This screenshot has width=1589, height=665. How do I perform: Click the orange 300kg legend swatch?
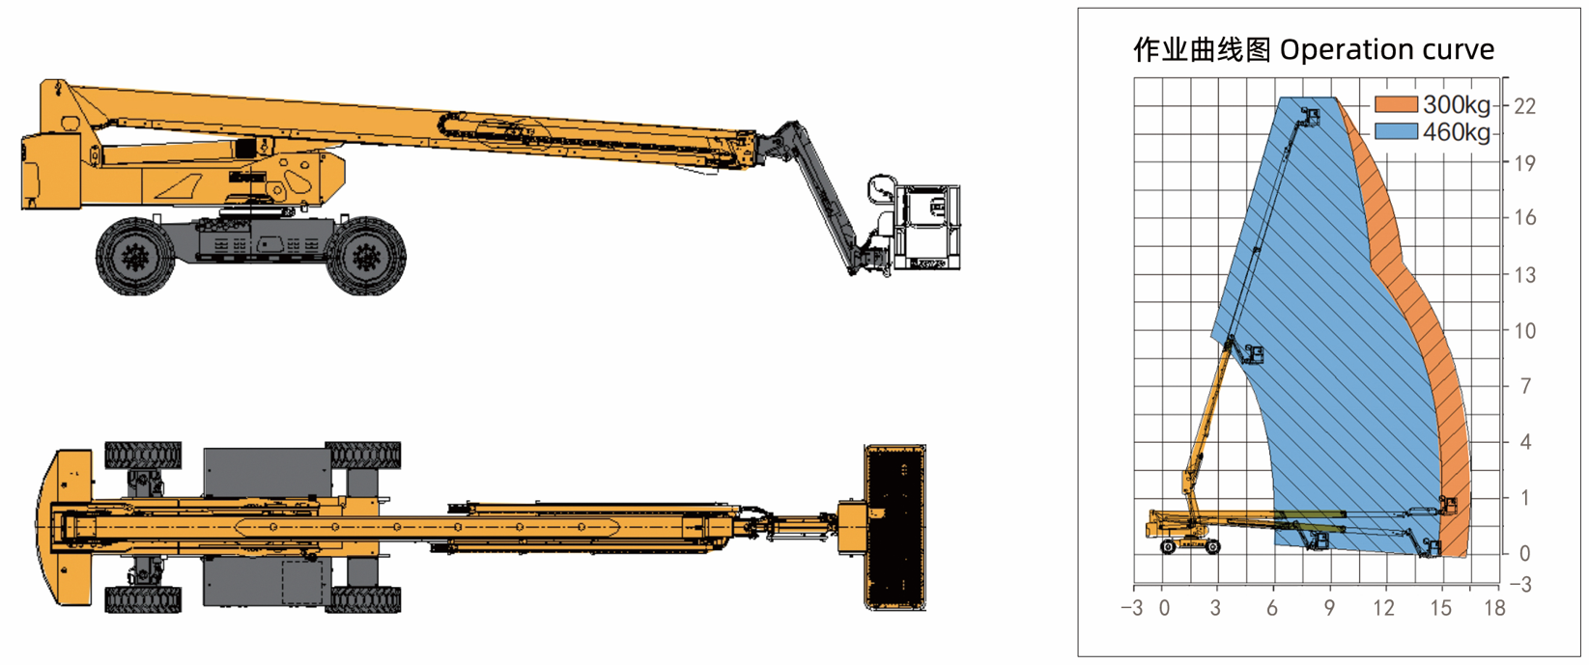1396,104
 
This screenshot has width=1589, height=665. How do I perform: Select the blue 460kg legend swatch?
1396,131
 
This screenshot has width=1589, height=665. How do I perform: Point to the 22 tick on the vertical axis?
1524,106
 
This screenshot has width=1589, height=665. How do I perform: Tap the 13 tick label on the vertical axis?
1524,274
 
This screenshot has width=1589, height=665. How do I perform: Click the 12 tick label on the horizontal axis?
1383,608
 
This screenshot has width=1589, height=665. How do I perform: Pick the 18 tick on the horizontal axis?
1494,608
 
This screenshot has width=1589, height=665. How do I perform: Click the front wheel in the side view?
365,257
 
